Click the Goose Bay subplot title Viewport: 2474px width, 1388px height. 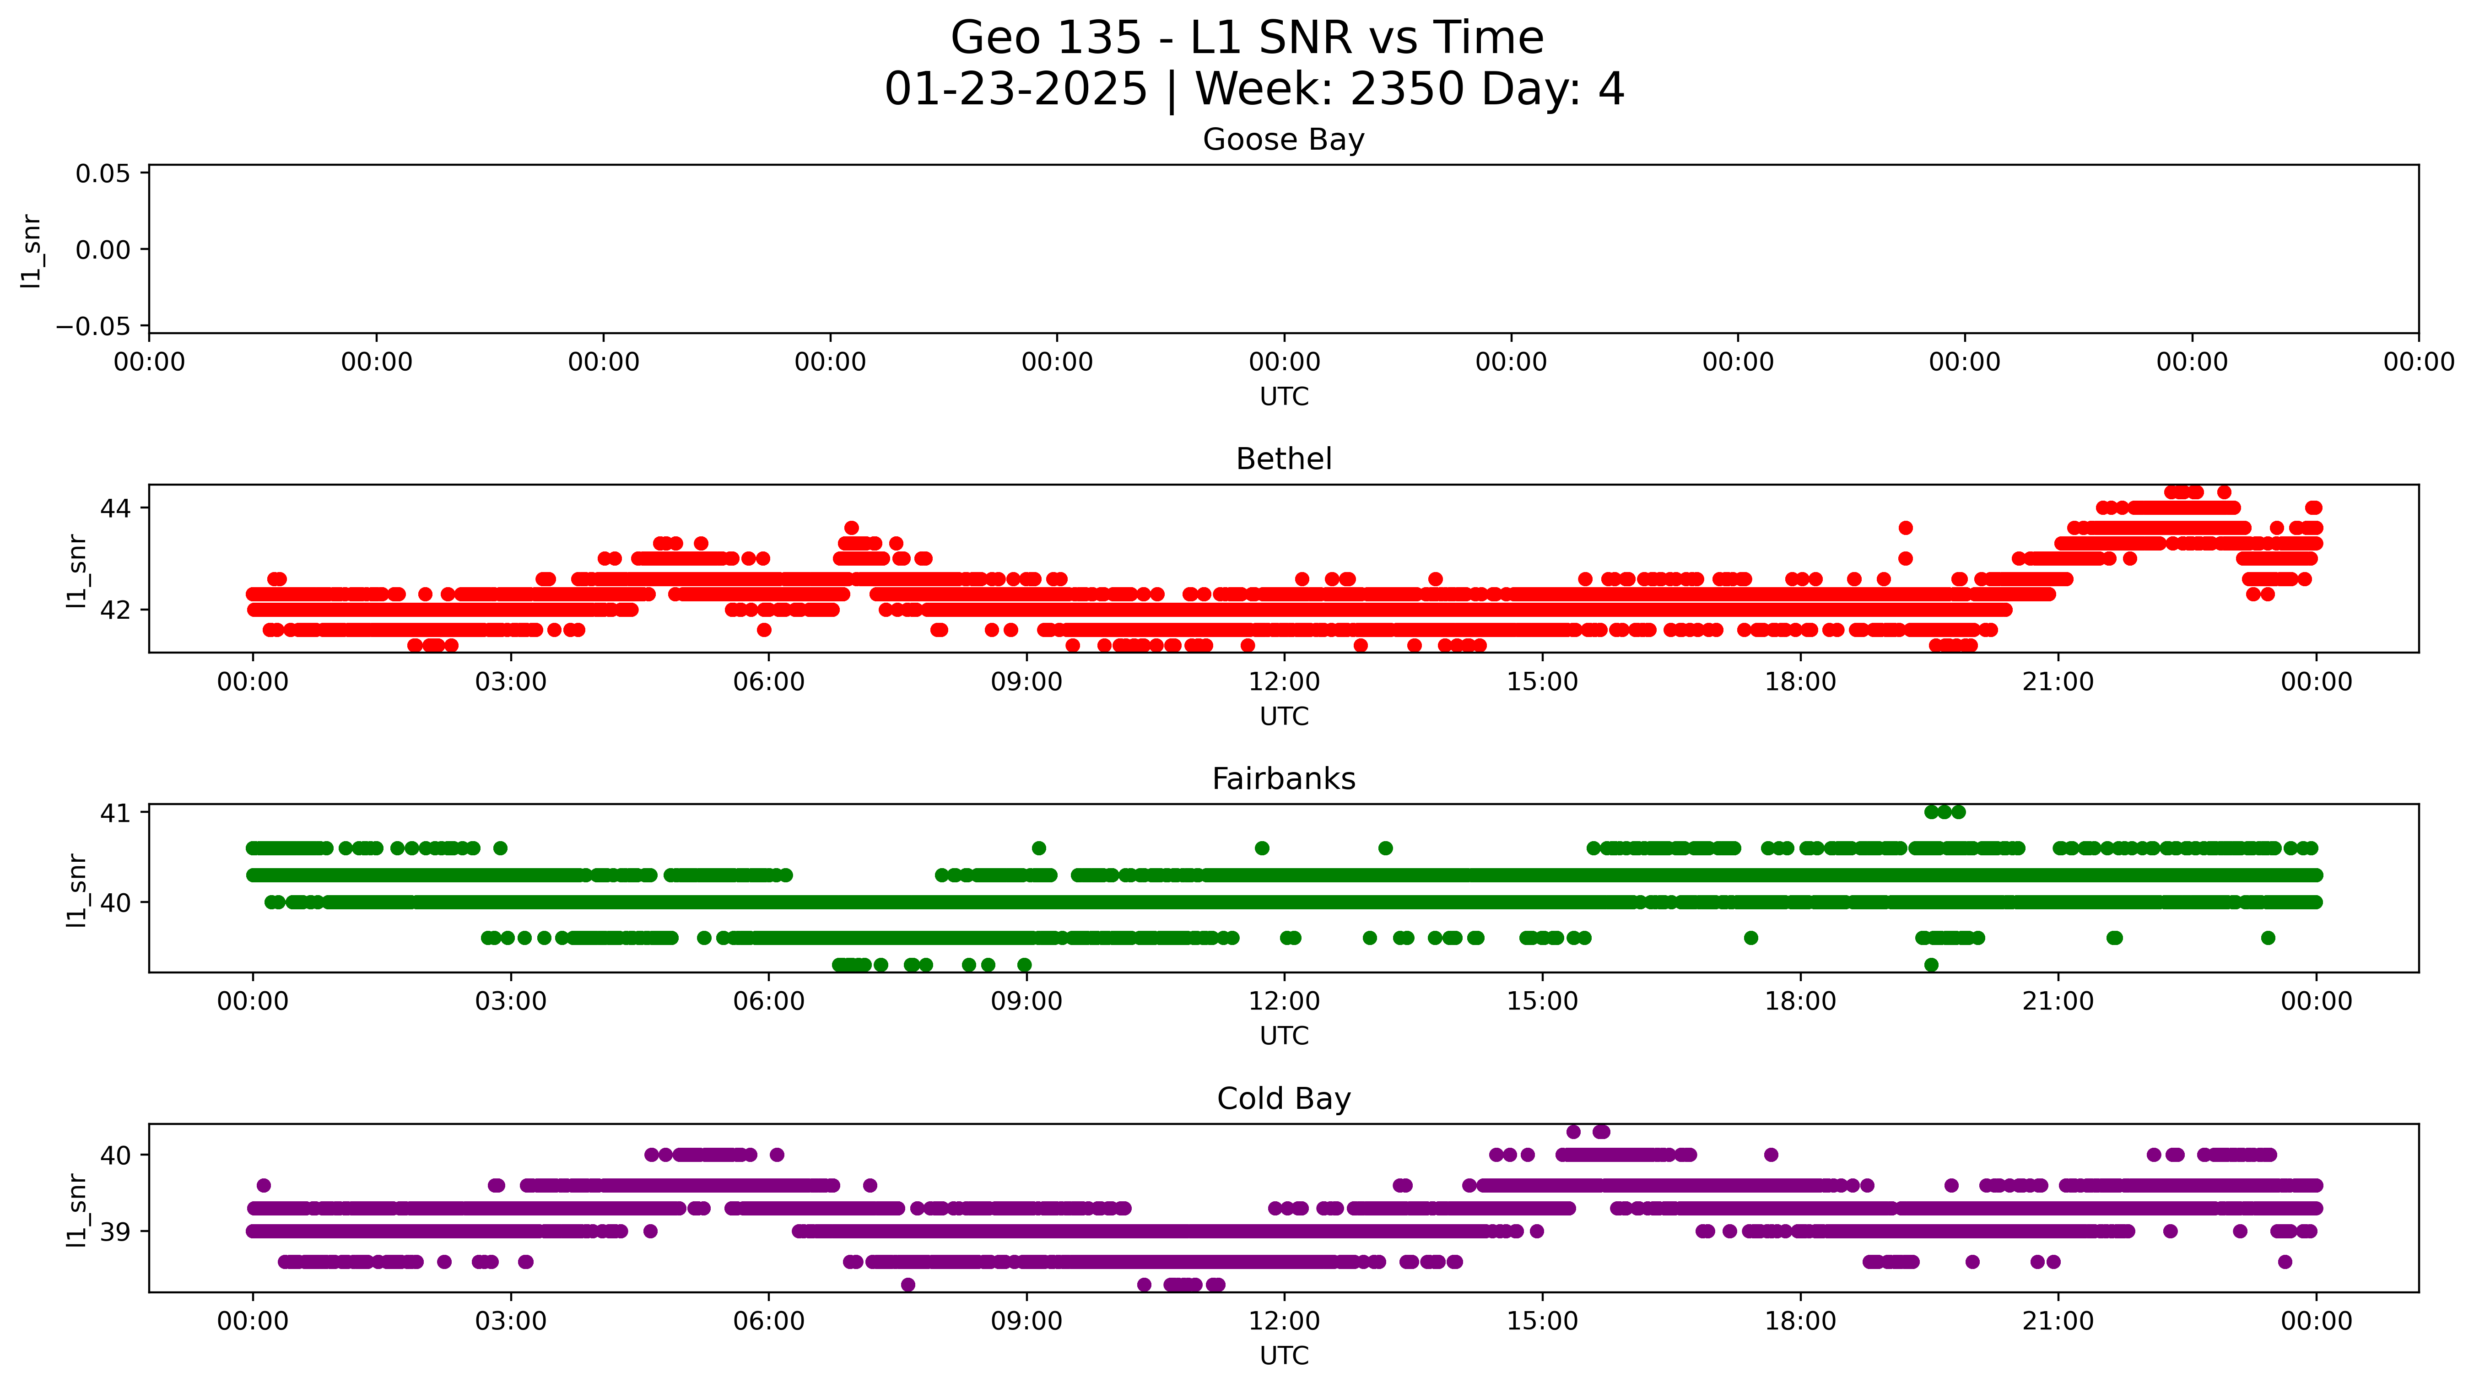(x=1283, y=140)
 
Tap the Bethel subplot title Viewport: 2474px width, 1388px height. (x=1283, y=459)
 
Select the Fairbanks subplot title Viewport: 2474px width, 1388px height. (x=1283, y=779)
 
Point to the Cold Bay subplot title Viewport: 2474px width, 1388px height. (x=1283, y=1099)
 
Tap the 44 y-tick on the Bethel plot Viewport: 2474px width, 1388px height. (x=115, y=508)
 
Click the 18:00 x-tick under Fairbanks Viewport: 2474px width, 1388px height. (x=1800, y=1002)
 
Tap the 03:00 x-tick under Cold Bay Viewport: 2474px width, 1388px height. (x=511, y=1322)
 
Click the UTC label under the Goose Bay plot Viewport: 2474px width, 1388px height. (x=1284, y=397)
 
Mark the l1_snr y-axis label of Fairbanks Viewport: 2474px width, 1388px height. (x=77, y=891)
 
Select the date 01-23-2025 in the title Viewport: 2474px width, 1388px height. (x=1015, y=89)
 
